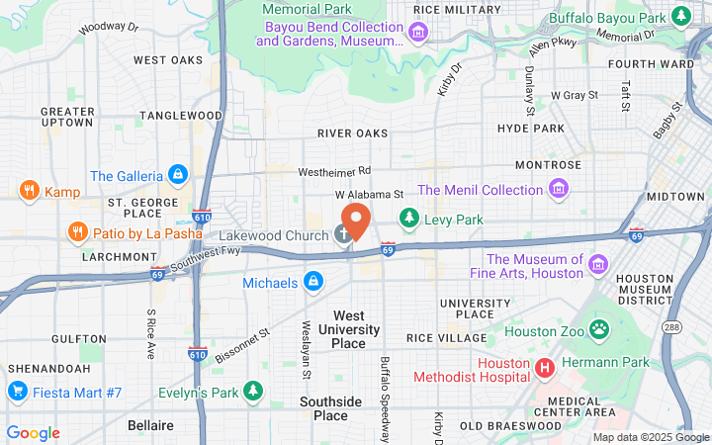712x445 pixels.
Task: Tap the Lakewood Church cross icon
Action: [x=343, y=234]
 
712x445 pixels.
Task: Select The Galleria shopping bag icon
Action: [x=177, y=176]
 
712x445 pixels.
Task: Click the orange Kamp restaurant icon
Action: [x=29, y=191]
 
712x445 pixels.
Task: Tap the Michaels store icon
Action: [x=312, y=283]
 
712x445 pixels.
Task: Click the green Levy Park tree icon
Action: [x=407, y=217]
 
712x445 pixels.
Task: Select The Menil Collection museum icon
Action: [x=559, y=189]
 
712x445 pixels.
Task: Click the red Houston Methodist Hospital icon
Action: [x=543, y=369]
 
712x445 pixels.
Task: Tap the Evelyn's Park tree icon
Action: [x=254, y=393]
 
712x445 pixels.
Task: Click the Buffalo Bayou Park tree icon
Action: [x=680, y=16]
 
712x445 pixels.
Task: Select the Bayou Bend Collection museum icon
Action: [x=418, y=34]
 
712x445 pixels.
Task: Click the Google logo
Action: [x=33, y=433]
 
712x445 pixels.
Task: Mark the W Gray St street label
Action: [x=575, y=95]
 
